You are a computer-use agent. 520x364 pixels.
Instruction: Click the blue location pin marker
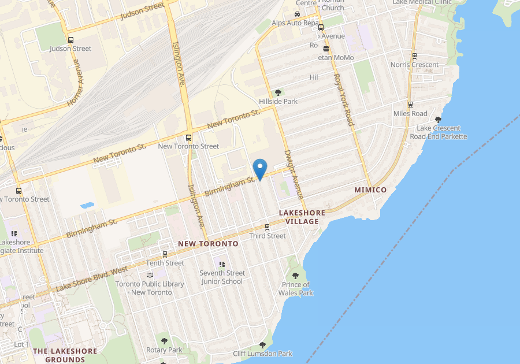(x=261, y=169)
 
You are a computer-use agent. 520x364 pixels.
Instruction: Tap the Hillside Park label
(x=278, y=102)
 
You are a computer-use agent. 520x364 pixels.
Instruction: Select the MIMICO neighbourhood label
(x=370, y=190)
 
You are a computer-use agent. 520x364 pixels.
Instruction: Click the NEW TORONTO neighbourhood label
(x=208, y=244)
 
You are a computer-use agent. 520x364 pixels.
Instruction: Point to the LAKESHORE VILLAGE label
(x=302, y=217)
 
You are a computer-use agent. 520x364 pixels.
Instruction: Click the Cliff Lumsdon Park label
(x=262, y=354)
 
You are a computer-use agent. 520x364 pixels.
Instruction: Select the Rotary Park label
(x=164, y=350)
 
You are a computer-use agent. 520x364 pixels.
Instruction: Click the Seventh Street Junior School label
(x=222, y=277)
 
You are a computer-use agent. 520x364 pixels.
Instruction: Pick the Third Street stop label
(x=267, y=236)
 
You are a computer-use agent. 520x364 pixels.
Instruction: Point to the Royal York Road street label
(x=343, y=100)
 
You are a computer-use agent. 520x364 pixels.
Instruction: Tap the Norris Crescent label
(x=414, y=65)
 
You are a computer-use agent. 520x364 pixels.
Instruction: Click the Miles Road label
(x=410, y=114)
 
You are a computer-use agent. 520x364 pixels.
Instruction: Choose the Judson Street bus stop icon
(x=70, y=40)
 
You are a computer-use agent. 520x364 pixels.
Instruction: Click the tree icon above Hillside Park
(x=278, y=92)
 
